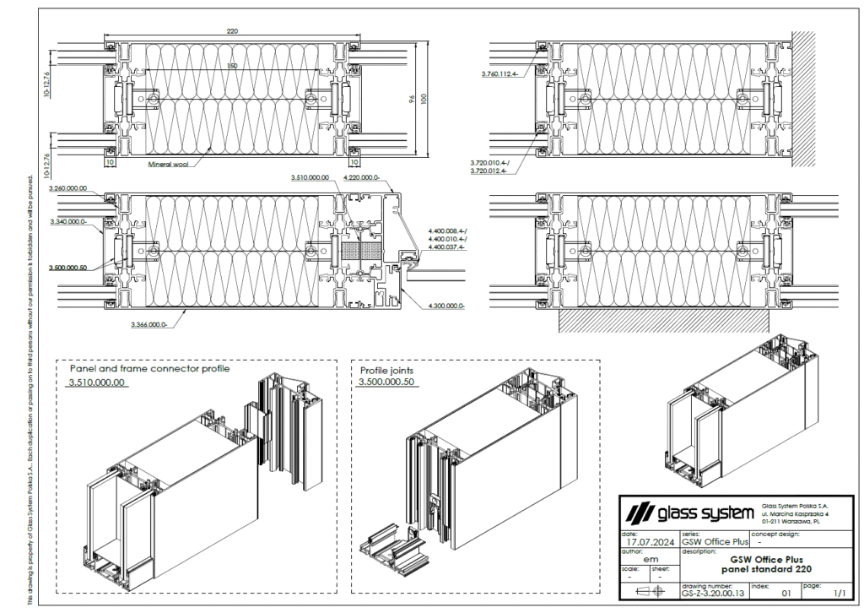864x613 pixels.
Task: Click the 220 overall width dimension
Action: (232, 31)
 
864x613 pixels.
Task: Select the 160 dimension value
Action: (232, 66)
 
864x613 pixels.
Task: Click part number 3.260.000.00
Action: (67, 188)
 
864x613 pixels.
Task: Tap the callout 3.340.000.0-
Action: (67, 221)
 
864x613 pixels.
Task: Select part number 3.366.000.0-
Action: (150, 324)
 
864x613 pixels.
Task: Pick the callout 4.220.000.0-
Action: (361, 178)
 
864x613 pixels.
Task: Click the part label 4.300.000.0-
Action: (448, 305)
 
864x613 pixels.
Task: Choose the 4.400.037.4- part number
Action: (448, 247)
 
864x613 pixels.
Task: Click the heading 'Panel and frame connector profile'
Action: (149, 369)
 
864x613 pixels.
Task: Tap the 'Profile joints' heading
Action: (386, 370)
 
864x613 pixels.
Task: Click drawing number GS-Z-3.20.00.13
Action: (712, 594)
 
